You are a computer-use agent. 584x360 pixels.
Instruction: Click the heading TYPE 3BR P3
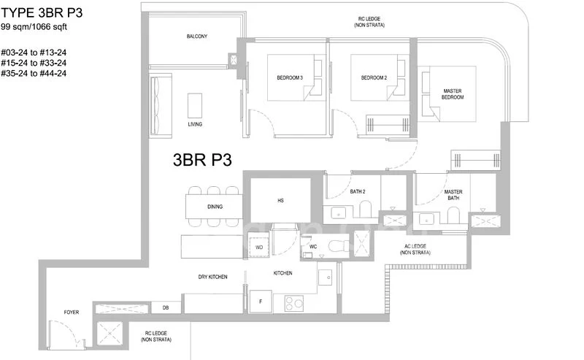[x=47, y=12]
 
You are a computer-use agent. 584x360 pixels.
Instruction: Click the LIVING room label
[x=195, y=124]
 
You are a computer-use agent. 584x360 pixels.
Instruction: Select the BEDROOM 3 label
[x=289, y=77]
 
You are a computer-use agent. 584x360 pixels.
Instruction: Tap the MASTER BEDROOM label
[x=453, y=95]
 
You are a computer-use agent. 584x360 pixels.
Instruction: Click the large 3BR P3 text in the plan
[x=202, y=161]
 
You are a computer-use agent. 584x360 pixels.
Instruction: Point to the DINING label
[x=214, y=207]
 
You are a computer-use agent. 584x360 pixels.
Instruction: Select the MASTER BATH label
[x=453, y=196]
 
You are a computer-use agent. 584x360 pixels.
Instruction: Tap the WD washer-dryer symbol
[x=259, y=248]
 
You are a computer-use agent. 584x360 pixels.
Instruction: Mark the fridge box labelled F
[x=260, y=300]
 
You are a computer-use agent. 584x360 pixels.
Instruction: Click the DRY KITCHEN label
[x=212, y=277]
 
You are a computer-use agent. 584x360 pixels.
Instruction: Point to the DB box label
[x=166, y=308]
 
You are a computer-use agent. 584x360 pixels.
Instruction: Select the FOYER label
[x=72, y=313]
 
